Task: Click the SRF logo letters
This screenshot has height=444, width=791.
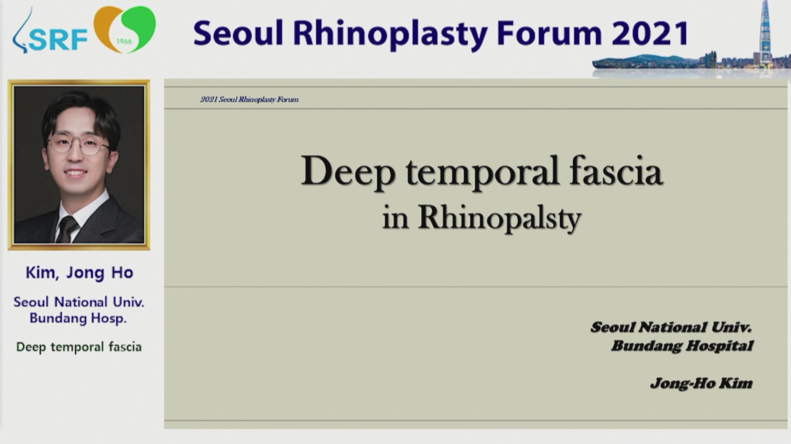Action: (58, 40)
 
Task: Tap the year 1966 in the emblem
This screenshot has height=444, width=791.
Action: (124, 41)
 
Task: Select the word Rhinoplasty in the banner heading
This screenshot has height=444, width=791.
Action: (390, 35)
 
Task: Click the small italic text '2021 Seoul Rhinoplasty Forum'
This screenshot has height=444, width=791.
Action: (249, 100)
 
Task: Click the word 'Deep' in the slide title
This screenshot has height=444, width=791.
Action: (348, 172)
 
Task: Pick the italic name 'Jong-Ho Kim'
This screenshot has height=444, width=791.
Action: (701, 383)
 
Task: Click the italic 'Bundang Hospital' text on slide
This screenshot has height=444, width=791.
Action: (682, 346)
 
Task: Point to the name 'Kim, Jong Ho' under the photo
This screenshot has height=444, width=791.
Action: (79, 273)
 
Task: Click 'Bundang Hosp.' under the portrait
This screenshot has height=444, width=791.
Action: (78, 318)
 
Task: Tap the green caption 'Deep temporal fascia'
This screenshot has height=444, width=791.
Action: (79, 347)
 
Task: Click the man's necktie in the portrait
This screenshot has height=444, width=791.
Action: (67, 230)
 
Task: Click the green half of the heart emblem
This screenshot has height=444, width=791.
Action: (140, 27)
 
